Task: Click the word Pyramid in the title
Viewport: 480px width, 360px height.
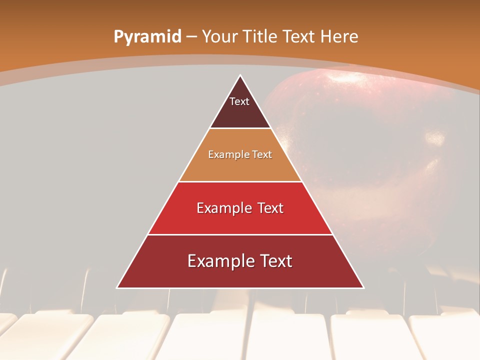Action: [147, 37]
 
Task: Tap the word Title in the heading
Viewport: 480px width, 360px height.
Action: [261, 37]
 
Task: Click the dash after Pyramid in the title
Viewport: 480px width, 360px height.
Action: [191, 37]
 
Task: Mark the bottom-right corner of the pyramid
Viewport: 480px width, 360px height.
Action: [363, 287]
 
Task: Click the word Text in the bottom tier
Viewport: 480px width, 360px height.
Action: [275, 261]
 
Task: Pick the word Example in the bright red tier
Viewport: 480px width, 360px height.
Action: [223, 208]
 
